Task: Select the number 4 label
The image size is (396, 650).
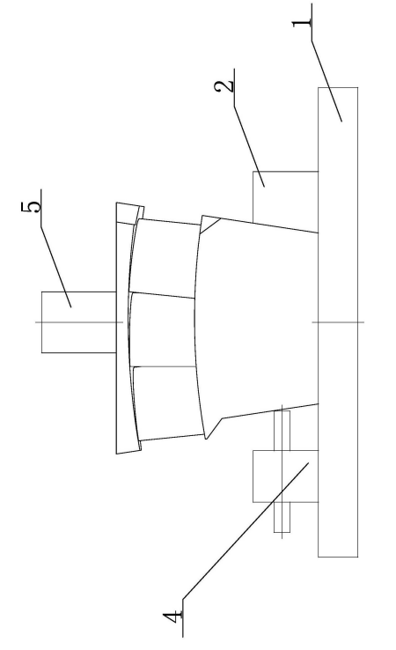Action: (173, 617)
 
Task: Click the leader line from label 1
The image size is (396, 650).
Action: (326, 81)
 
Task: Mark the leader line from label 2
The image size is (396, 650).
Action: (249, 146)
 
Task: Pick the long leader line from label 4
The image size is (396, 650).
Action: (246, 531)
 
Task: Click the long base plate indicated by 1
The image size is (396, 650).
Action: (338, 322)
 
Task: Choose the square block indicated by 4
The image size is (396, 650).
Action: (286, 476)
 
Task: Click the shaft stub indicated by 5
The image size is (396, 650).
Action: (78, 322)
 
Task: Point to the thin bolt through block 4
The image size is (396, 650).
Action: (282, 471)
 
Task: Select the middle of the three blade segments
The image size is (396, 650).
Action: (162, 330)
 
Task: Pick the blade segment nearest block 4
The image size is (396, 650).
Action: (168, 403)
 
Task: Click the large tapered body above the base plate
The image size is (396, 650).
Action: (257, 323)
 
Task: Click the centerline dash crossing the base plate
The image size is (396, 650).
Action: (338, 322)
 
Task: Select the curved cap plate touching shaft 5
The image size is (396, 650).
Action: (123, 328)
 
